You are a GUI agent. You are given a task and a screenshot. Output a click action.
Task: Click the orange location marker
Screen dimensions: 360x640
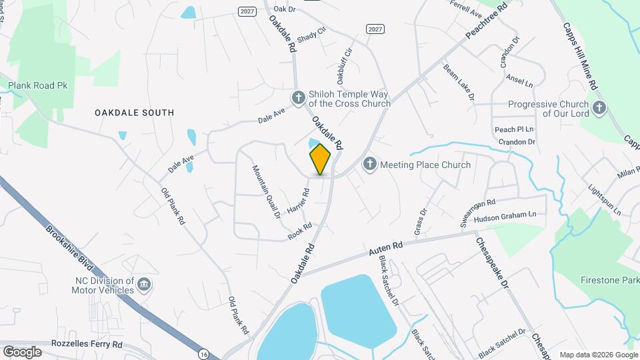click(x=320, y=159)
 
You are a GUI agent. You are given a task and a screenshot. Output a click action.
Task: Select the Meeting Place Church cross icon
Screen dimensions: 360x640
click(x=369, y=164)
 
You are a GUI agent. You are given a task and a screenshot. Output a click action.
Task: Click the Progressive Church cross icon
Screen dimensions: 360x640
click(x=599, y=107)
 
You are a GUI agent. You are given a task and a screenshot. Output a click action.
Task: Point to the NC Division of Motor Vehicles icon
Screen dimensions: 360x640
click(x=143, y=286)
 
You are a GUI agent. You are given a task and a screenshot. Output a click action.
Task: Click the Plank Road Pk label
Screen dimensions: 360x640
click(x=38, y=86)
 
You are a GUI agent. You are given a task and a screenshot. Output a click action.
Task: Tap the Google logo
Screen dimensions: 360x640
click(x=22, y=351)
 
